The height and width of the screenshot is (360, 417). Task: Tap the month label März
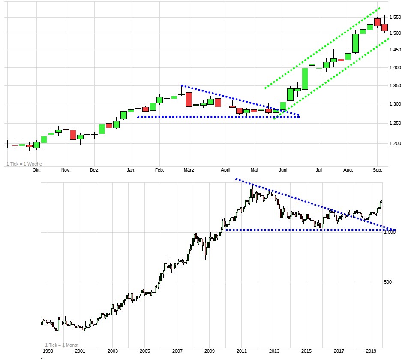189,170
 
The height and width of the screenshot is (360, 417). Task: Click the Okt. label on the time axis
36,170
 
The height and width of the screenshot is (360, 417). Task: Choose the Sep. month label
377,170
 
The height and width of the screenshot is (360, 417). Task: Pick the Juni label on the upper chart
282,170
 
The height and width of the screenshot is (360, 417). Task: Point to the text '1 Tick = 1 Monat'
62,345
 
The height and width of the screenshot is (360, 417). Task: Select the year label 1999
48,351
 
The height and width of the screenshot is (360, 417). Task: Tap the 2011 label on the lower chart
242,351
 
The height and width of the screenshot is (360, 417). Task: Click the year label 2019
371,351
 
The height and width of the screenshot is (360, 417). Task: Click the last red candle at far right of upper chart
384,27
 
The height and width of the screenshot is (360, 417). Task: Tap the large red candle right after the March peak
189,100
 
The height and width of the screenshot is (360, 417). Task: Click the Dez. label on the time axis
95,170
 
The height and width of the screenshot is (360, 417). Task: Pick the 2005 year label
145,351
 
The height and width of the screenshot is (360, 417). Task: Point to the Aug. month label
348,170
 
